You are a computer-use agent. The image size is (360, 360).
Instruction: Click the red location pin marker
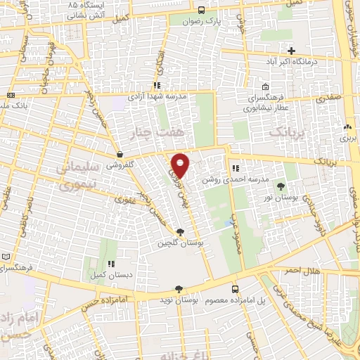click(181, 165)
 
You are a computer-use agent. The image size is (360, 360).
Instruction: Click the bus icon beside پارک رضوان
click(202, 11)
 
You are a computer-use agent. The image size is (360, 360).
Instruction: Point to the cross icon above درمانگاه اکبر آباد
click(290, 51)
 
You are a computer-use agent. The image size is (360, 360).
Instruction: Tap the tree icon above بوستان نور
click(281, 186)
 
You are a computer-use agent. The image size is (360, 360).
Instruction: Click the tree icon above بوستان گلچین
click(181, 232)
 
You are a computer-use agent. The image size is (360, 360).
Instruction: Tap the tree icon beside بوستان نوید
click(179, 289)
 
